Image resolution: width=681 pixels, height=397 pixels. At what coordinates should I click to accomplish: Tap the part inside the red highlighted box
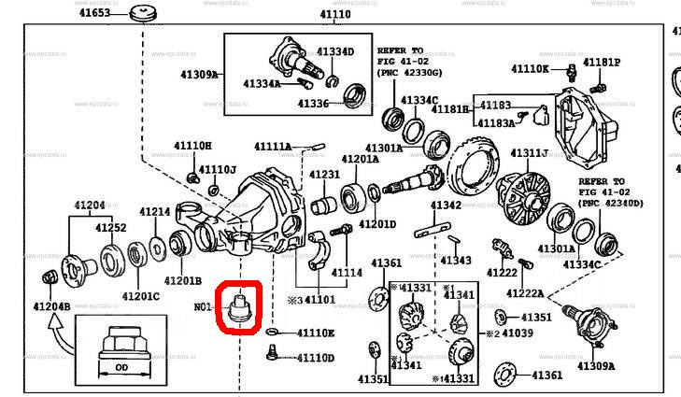pos(240,305)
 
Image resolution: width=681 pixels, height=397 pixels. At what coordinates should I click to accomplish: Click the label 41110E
pos(315,333)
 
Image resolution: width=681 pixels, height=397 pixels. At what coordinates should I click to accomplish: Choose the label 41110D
pos(315,358)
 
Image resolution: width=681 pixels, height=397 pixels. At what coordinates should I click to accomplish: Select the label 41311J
pos(529,153)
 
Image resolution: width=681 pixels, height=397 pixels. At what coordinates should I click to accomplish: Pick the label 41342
pos(447,206)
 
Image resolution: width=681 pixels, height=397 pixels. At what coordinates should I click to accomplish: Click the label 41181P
pos(602,63)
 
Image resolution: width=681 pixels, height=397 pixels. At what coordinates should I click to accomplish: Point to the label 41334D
pos(335,51)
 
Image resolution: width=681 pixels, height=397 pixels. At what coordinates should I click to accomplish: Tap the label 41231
pos(325,175)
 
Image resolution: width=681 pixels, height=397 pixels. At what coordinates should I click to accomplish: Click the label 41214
pos(155,212)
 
